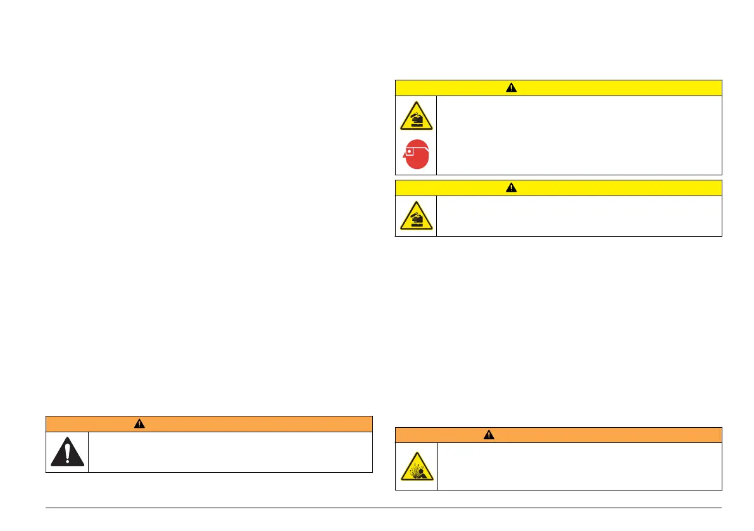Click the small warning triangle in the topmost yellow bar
pos(512,88)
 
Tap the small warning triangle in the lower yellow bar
pos(512,188)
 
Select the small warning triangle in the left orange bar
pos(139,424)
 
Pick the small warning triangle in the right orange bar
pos(489,435)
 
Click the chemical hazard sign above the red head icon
pos(416,116)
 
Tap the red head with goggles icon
pos(417,154)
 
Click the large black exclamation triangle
pos(67,452)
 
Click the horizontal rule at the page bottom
pos(384,508)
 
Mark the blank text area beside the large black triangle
pos(229,452)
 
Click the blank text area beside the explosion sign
pos(579,466)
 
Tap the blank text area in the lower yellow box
pos(579,216)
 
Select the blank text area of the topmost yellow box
pos(579,135)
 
